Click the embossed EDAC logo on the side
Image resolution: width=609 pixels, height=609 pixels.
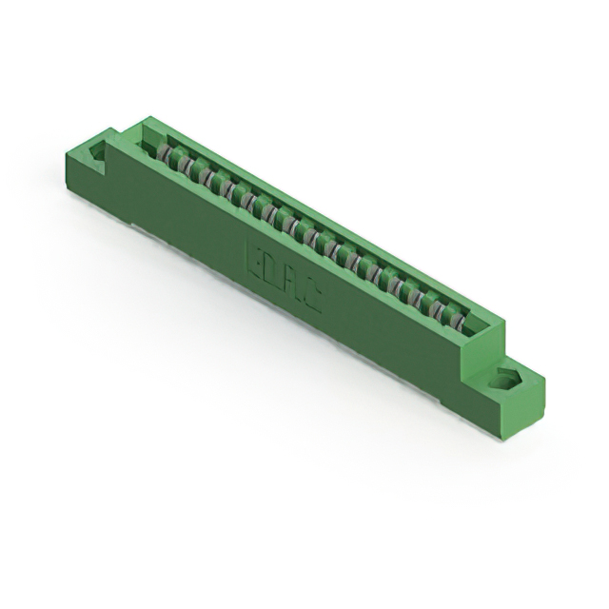tap(284, 281)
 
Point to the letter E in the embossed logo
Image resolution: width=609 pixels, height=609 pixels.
tap(257, 264)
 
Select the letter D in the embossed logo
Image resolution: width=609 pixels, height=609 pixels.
tap(273, 275)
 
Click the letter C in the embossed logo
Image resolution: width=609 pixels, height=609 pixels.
tap(311, 300)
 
